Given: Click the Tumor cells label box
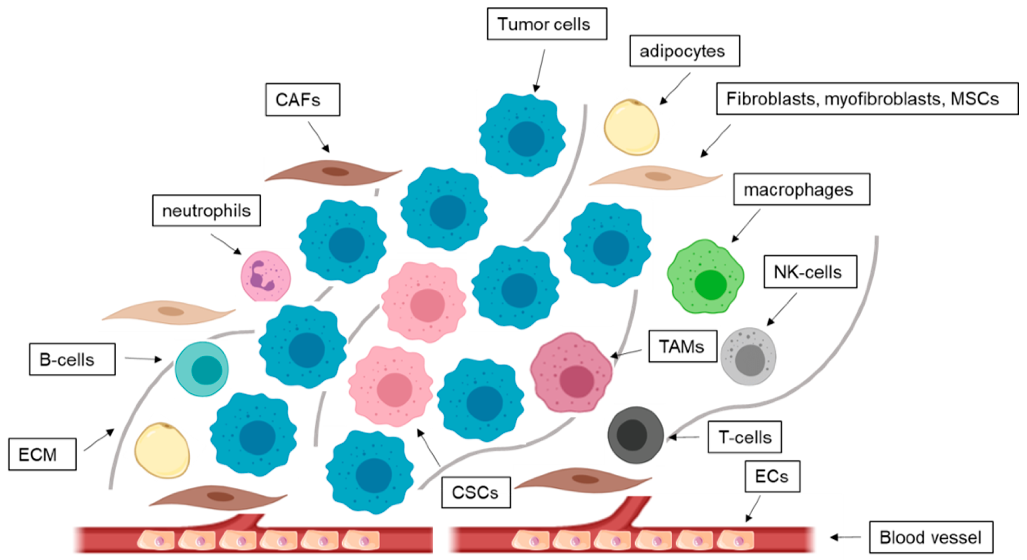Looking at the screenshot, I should pyautogui.click(x=547, y=24).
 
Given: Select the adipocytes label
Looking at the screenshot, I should pyautogui.click(x=684, y=51).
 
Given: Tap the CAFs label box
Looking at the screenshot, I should pyautogui.click(x=302, y=100).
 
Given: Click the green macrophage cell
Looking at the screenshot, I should pyautogui.click(x=705, y=277).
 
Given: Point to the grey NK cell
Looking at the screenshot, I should pyautogui.click(x=748, y=356).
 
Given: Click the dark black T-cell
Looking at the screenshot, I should pyautogui.click(x=635, y=434).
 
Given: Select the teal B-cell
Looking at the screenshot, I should pyautogui.click(x=202, y=369).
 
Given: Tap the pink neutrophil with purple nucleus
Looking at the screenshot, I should pyautogui.click(x=266, y=276).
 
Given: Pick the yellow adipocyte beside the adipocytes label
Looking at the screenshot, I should pyautogui.click(x=631, y=127).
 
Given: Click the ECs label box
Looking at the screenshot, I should pyautogui.click(x=772, y=476).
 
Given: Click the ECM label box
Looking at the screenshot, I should pyautogui.click(x=42, y=454).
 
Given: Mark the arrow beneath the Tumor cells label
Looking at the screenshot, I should pyautogui.click(x=540, y=70).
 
